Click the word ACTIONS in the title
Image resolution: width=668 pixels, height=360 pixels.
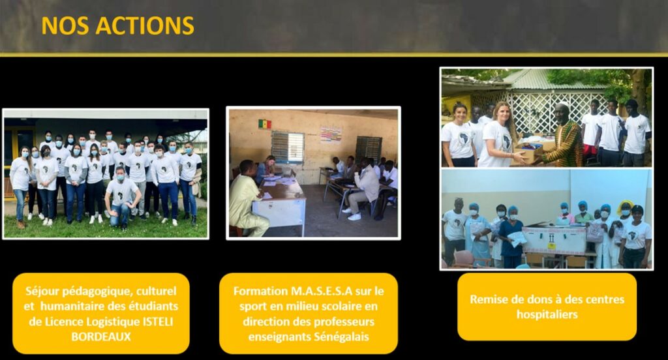[145, 25]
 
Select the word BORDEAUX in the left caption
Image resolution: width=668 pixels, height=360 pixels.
[101, 337]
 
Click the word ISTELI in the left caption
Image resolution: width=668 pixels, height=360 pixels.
[157, 322]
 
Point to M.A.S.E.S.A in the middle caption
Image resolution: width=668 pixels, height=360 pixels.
[322, 291]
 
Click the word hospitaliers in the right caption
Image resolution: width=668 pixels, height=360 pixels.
[547, 314]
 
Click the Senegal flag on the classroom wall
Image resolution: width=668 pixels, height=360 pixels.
[265, 124]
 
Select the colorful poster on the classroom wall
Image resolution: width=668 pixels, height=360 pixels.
[331, 134]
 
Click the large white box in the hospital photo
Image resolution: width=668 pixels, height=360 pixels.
[554, 241]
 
